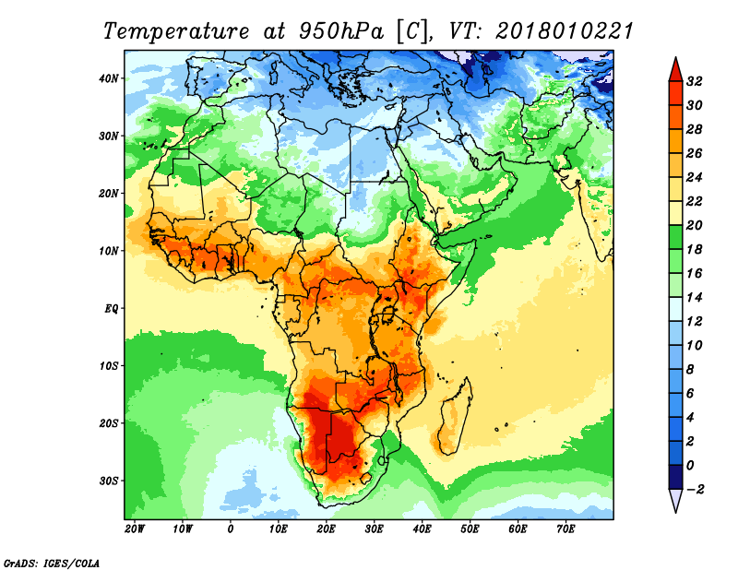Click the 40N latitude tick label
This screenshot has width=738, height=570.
point(109,78)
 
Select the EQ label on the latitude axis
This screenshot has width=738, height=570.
point(111,309)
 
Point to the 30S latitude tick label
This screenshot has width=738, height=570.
point(109,481)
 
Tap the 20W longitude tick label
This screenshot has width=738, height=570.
point(135,528)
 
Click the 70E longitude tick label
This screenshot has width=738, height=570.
point(565,528)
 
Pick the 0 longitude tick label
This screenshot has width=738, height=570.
point(230,528)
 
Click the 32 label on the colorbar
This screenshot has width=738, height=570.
point(695,81)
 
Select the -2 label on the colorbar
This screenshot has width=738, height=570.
point(695,490)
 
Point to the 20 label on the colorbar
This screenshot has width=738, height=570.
point(695,225)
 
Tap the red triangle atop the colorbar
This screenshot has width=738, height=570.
point(675,70)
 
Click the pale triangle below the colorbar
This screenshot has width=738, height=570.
point(675,500)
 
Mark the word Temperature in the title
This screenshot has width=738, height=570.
point(176,31)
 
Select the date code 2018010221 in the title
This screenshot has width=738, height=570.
point(565,31)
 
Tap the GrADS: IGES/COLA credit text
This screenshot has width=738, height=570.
point(52,564)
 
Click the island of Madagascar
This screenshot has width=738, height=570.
point(454,419)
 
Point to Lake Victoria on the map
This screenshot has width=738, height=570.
point(387,314)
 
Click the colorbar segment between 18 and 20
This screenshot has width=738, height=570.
point(675,237)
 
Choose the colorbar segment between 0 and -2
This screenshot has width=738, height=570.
point(675,477)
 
